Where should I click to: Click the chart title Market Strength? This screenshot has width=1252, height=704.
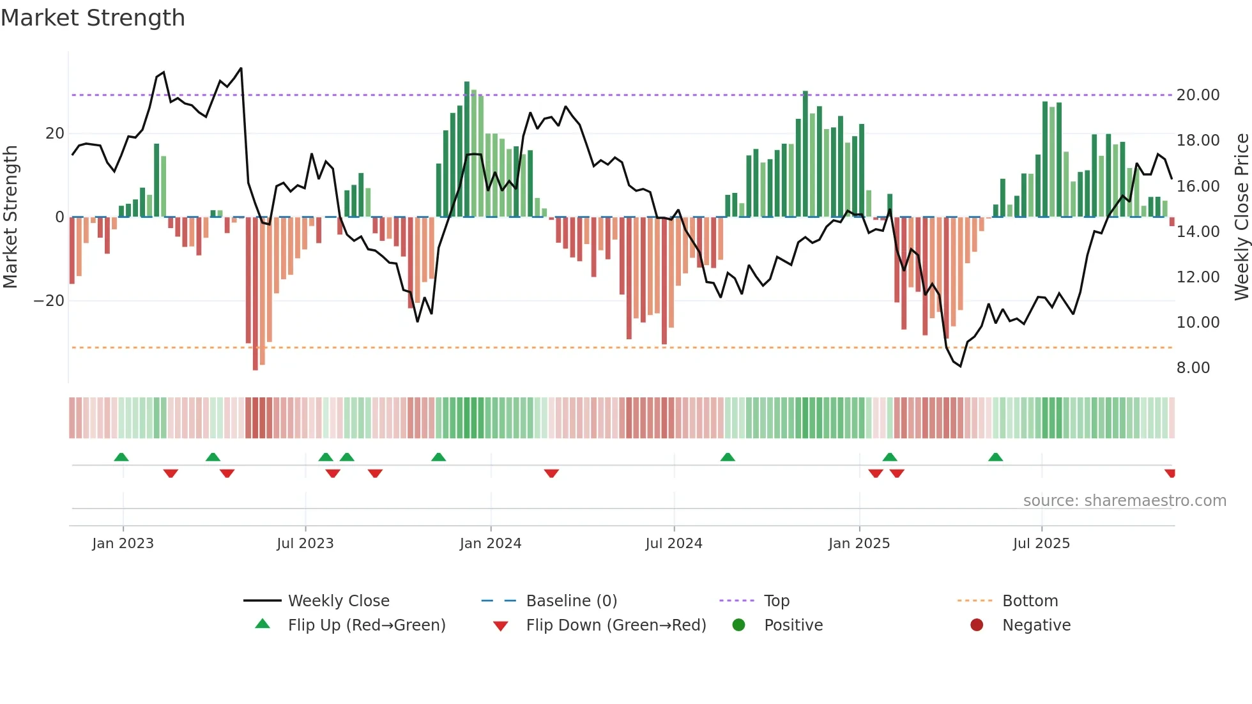click(93, 18)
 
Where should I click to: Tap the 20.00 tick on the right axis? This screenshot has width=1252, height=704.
click(1198, 95)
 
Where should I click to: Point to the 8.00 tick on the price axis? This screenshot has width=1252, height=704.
click(1193, 368)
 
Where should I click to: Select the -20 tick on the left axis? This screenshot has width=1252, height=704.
click(49, 301)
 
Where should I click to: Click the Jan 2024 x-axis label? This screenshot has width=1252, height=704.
click(490, 544)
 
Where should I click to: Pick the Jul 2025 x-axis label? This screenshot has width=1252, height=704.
click(1041, 544)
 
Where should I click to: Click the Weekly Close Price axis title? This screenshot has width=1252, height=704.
click(1241, 217)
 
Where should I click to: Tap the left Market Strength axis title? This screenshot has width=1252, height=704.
click(10, 217)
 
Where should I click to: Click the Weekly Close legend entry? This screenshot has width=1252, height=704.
click(338, 601)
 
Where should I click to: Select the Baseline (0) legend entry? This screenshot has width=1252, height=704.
click(571, 601)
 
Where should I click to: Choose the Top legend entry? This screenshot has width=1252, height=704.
click(776, 601)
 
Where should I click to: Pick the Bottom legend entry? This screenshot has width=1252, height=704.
click(1030, 601)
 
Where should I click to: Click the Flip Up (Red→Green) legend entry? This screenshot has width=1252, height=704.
click(366, 625)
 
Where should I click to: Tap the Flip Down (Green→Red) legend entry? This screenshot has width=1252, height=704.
click(616, 625)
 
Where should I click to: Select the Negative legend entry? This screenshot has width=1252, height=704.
click(1035, 625)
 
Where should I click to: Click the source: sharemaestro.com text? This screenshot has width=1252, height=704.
click(1124, 501)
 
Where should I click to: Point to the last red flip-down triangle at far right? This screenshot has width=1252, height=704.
click(1170, 473)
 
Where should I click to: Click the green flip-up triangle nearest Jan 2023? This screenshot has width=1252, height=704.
click(121, 457)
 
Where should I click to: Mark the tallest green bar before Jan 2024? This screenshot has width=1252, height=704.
click(467, 149)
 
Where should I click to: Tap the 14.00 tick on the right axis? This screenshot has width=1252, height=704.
click(1198, 232)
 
